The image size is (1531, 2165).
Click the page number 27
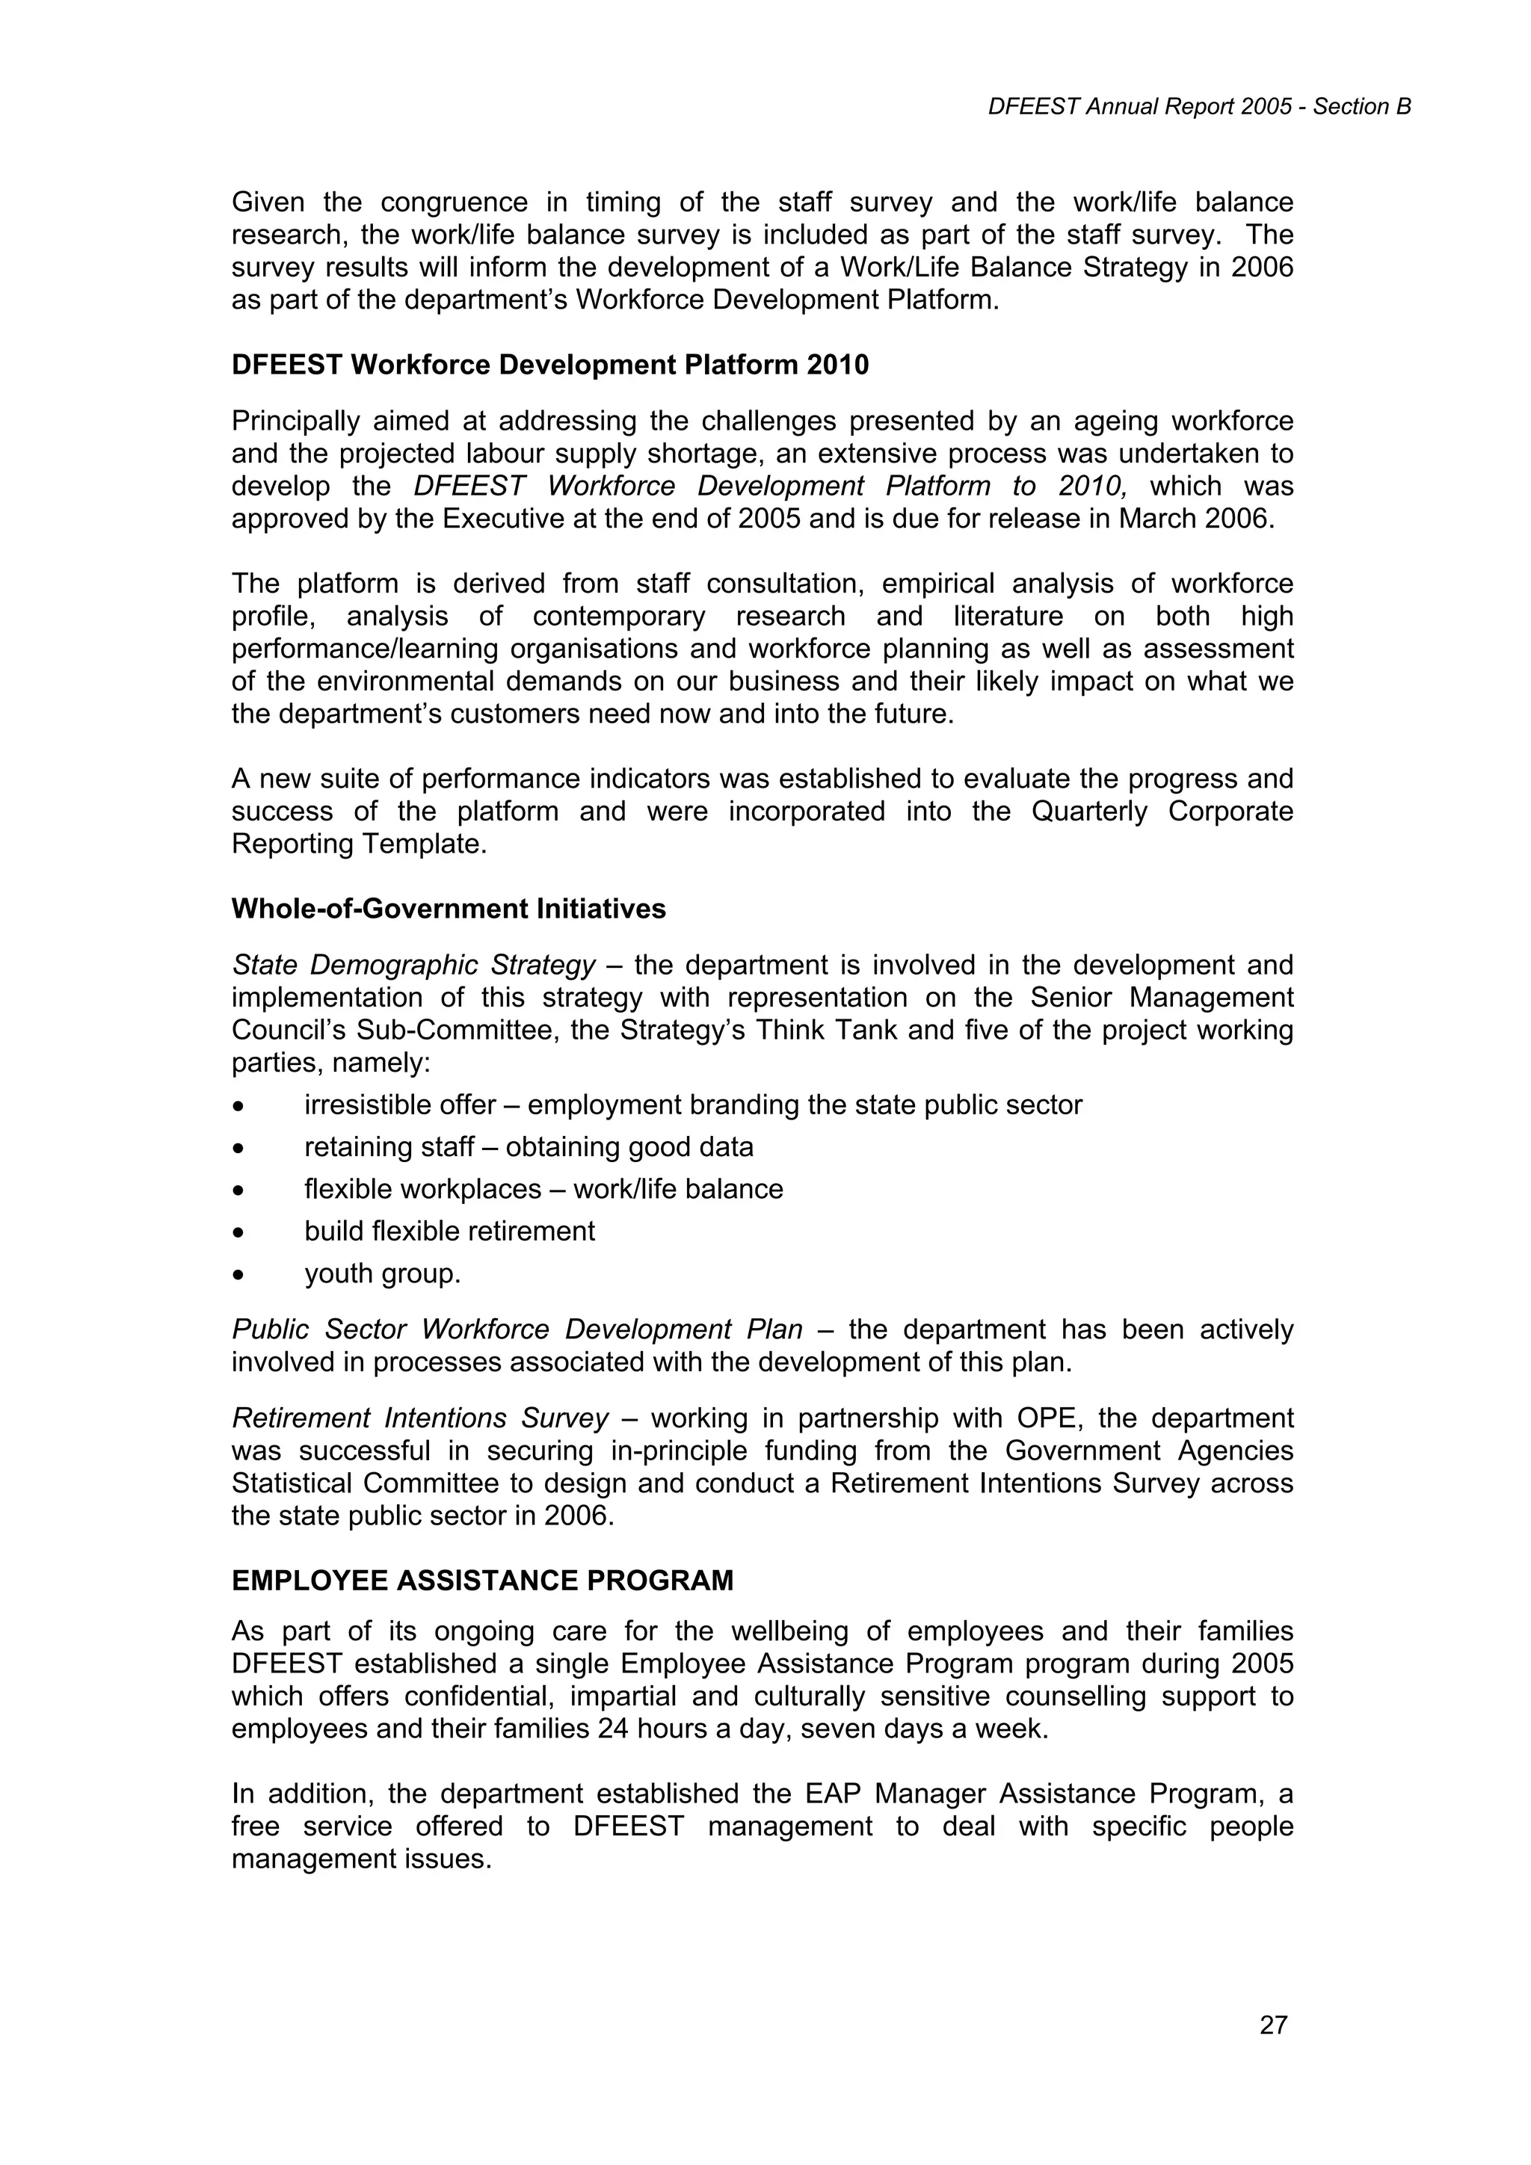click(x=1272, y=2025)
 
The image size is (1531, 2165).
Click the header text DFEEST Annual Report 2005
click(x=1139, y=108)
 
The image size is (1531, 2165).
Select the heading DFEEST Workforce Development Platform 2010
click(x=550, y=365)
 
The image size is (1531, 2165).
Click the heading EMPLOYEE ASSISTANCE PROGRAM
click(x=482, y=1581)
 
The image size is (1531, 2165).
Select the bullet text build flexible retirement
click(x=449, y=1232)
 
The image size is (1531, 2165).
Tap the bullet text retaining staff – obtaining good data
click(x=529, y=1148)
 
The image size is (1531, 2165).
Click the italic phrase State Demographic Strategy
click(x=413, y=966)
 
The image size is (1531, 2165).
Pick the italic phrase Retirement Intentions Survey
click(x=420, y=1418)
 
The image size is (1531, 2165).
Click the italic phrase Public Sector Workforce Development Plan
click(x=517, y=1329)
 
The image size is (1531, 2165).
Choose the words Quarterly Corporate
click(x=1161, y=812)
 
